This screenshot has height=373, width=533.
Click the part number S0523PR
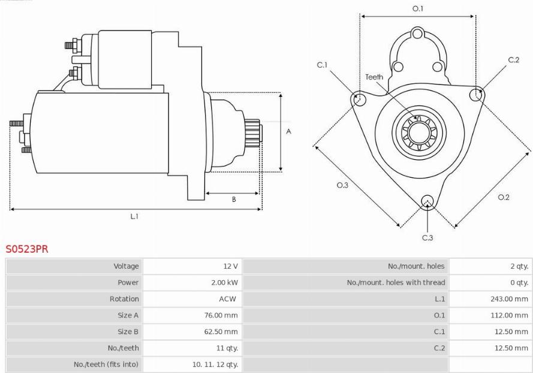point(27,249)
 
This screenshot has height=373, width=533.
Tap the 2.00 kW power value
point(224,283)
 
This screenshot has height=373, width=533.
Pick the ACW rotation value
point(227,299)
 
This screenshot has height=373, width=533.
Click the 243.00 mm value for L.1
point(509,299)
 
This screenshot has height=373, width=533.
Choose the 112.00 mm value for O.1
point(509,316)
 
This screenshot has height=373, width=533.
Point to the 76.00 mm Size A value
point(221,316)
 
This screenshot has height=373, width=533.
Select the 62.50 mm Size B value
point(221,332)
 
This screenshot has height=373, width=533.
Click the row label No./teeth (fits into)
point(106,365)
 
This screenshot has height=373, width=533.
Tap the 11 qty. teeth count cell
point(227,348)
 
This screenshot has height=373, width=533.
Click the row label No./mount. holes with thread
point(396,283)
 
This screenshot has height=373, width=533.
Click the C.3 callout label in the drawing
point(427,238)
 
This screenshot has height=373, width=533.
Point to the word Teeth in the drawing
point(374,77)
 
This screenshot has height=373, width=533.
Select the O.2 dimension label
point(504,197)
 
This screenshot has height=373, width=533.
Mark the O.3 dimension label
point(342,185)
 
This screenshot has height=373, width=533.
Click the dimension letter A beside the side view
point(288,131)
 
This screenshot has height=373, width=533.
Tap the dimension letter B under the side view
point(234,199)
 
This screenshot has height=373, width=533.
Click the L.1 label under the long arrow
point(134,216)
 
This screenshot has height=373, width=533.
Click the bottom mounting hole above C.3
point(427,202)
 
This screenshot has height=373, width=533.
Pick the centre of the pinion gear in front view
point(418,133)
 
